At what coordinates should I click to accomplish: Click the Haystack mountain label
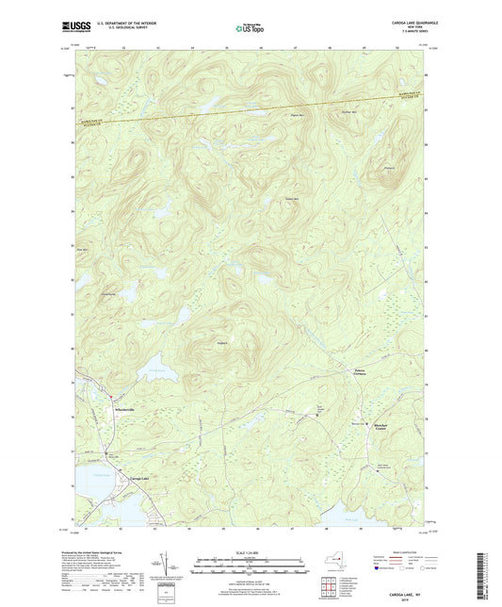tap(222, 342)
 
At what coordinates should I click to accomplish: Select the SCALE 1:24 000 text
tap(251, 551)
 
